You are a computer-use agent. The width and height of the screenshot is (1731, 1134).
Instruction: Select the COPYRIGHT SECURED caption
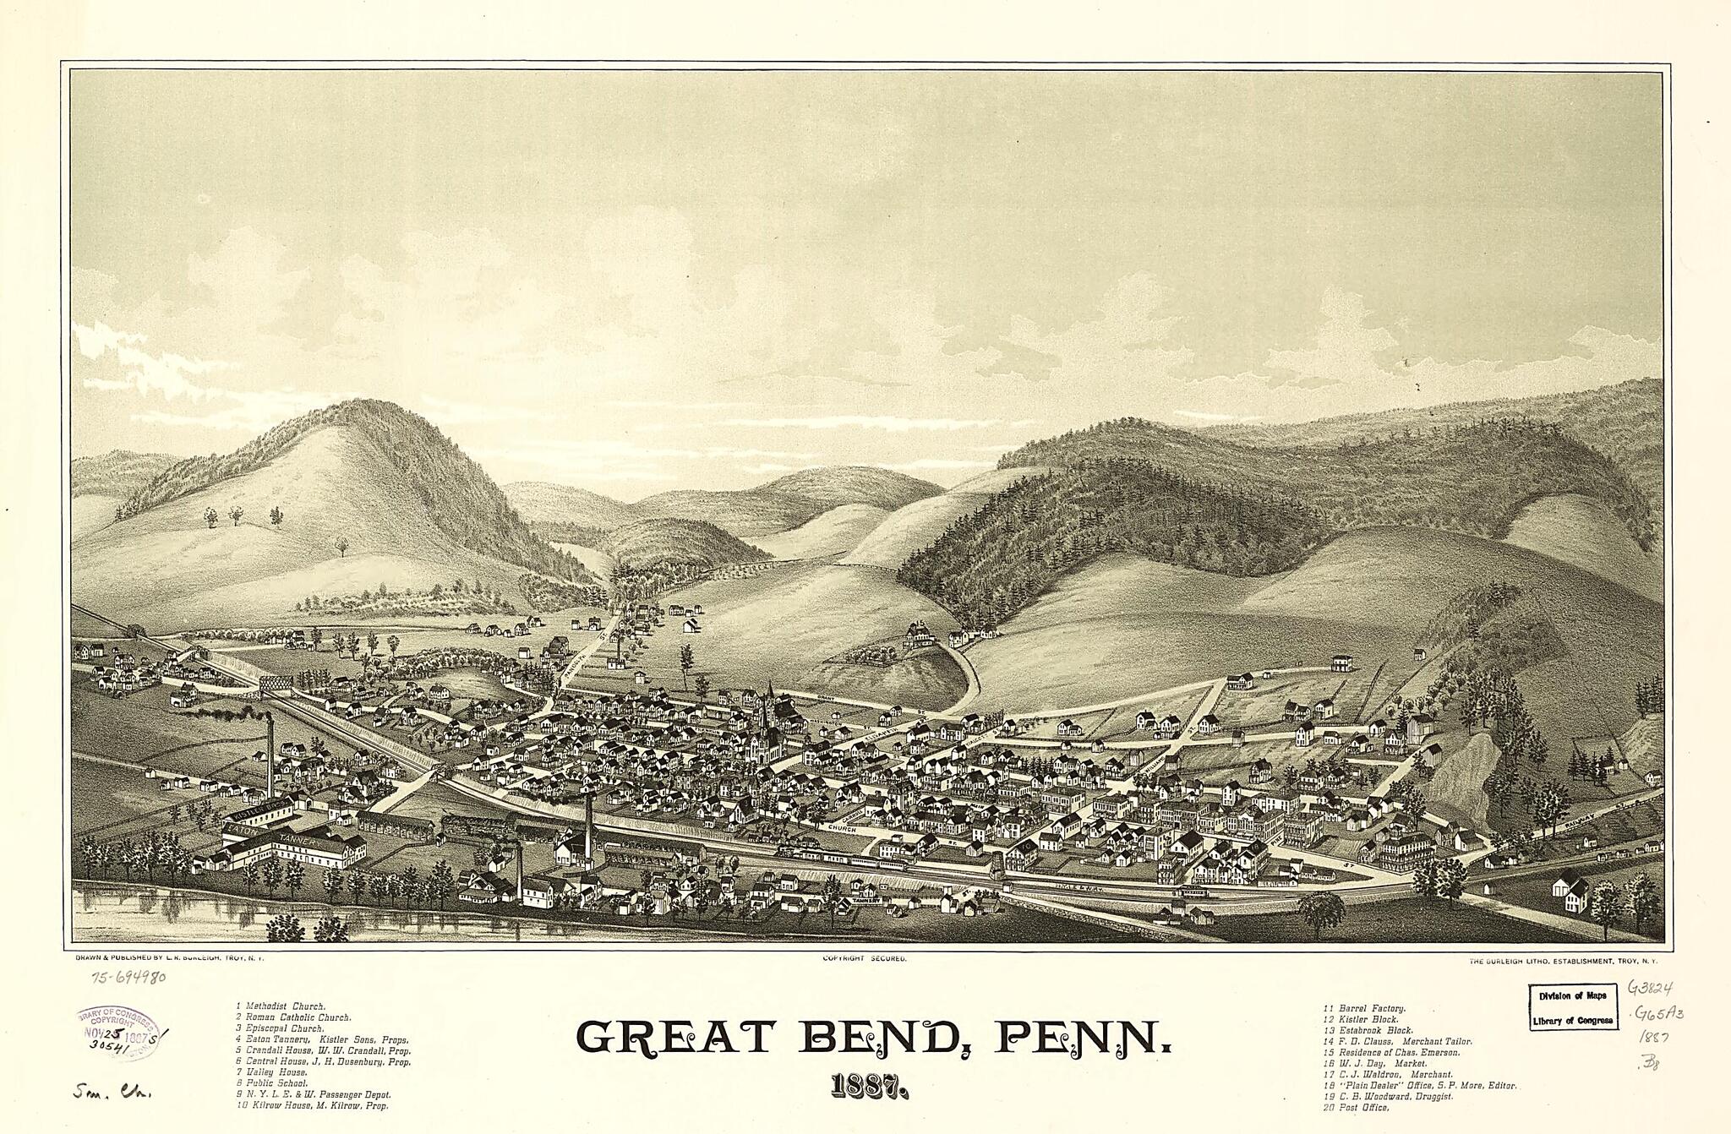click(x=864, y=959)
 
